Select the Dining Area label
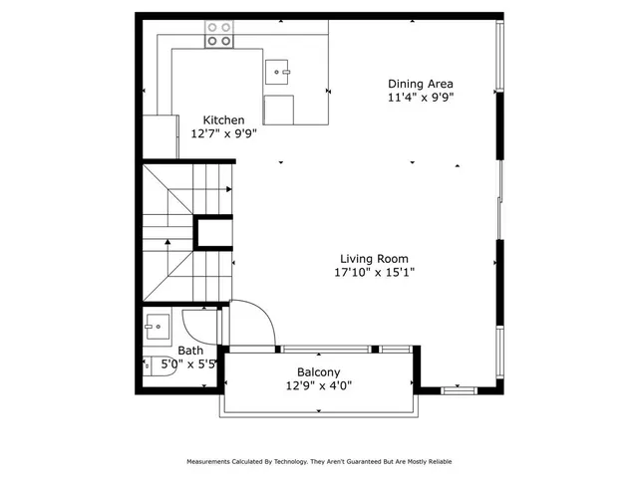click(x=422, y=84)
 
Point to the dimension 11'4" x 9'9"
click(x=422, y=98)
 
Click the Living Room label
click(x=373, y=257)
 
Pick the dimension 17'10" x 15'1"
click(x=374, y=271)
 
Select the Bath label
click(x=190, y=351)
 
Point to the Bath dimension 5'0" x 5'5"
click(x=189, y=364)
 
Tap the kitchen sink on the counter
click(x=278, y=70)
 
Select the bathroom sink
click(x=156, y=324)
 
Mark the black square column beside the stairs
click(x=212, y=233)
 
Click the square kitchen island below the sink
click(x=279, y=110)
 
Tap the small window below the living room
click(x=461, y=390)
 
